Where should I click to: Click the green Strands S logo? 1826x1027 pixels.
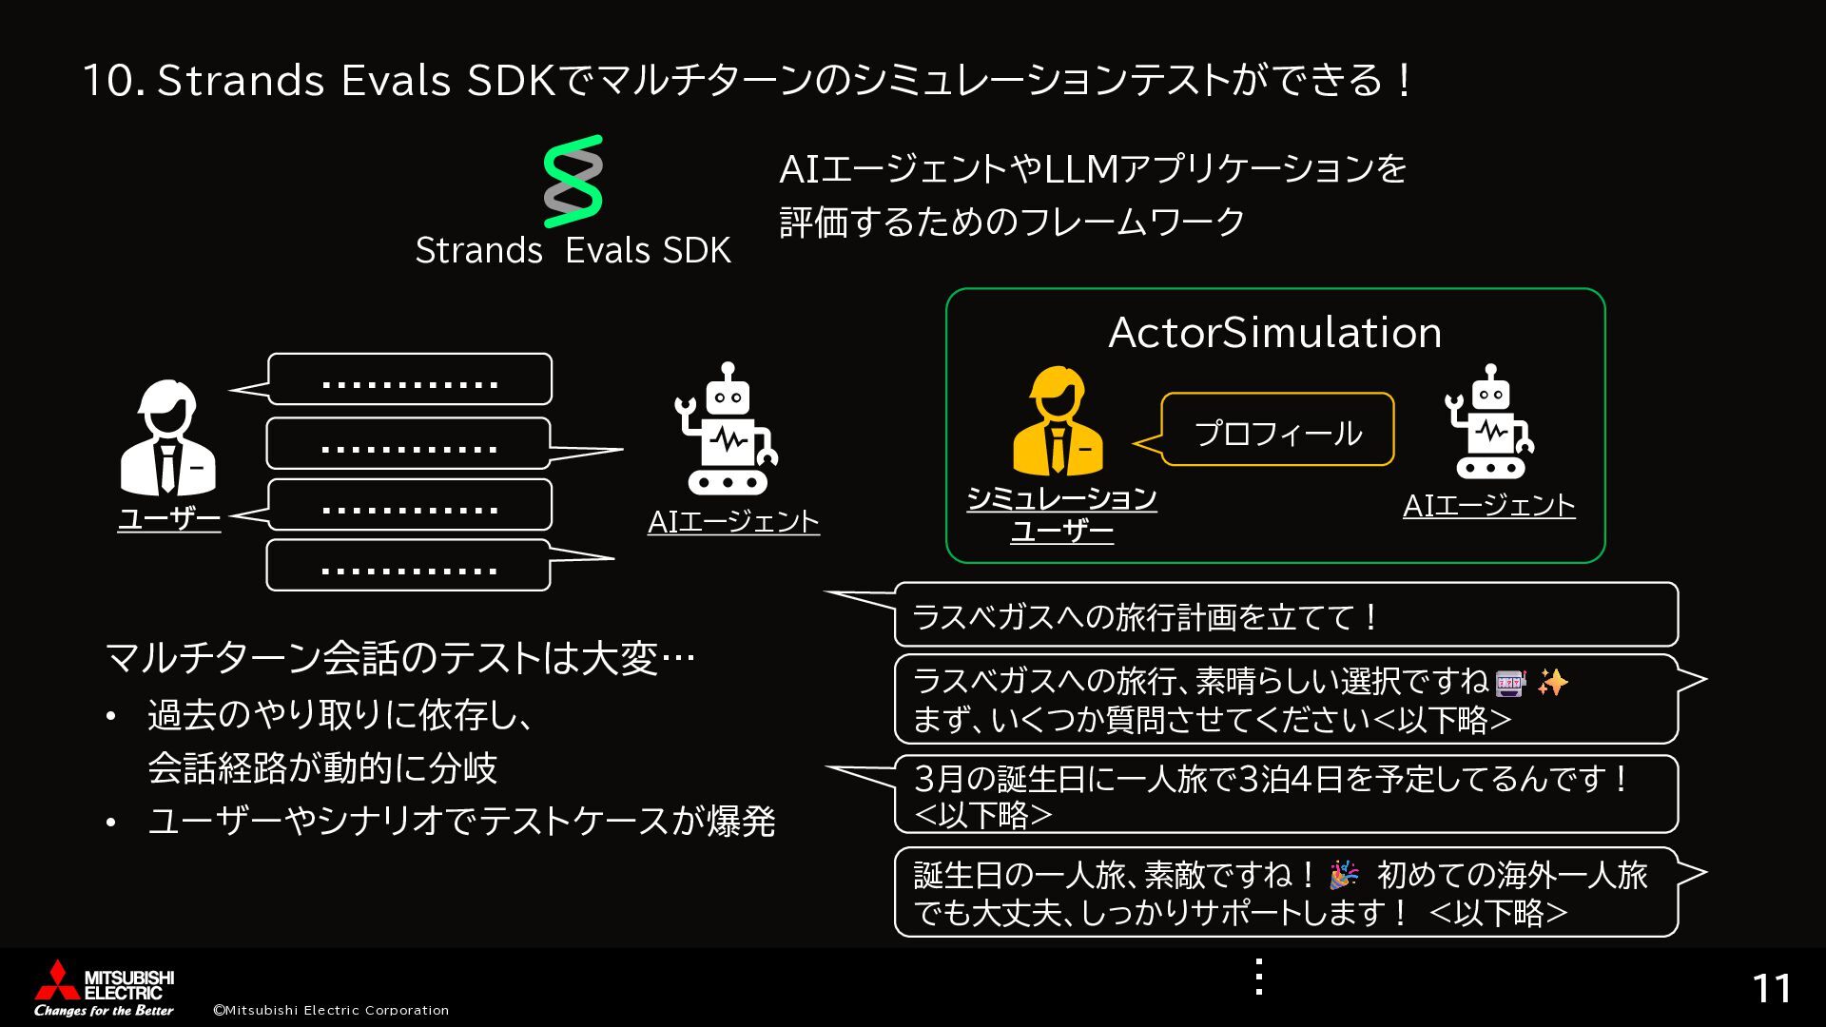click(x=573, y=182)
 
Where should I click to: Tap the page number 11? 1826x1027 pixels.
click(x=1772, y=989)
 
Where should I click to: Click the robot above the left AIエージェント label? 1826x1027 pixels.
click(x=728, y=429)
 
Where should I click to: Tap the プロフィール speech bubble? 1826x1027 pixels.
click(x=1277, y=432)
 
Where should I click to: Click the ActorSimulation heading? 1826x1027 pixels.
click(x=1274, y=333)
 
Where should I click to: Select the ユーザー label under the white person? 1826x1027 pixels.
click(x=169, y=519)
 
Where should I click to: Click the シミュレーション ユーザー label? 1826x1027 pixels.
click(x=1061, y=514)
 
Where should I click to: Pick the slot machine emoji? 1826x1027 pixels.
click(x=1509, y=683)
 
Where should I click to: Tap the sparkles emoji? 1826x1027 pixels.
click(x=1552, y=682)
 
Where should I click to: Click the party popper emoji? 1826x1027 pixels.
click(x=1344, y=875)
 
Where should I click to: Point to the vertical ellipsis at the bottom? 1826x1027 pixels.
click(x=1259, y=978)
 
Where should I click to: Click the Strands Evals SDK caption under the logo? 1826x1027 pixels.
click(x=573, y=250)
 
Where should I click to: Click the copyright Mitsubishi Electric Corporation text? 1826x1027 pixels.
click(x=331, y=1010)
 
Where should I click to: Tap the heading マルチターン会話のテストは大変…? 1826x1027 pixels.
click(x=399, y=658)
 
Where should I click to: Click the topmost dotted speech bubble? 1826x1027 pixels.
click(x=410, y=380)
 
